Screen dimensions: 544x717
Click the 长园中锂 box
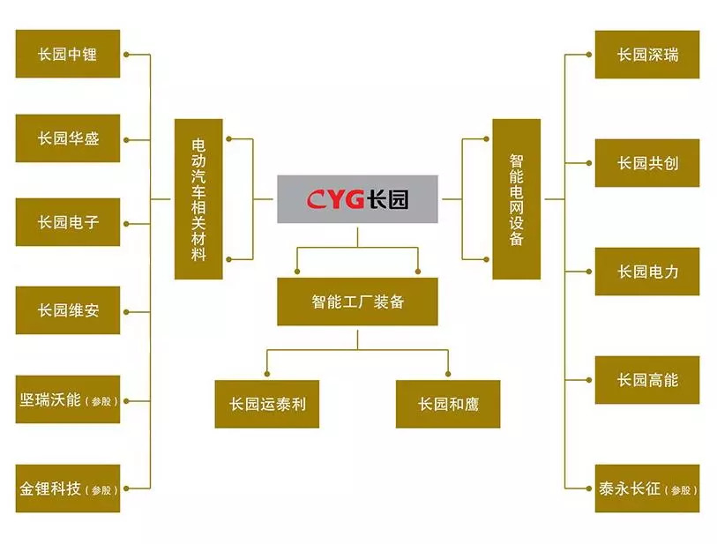(x=68, y=54)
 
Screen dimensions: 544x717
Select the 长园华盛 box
(x=68, y=138)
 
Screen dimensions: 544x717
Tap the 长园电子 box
(x=68, y=222)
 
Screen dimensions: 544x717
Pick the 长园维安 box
(x=68, y=309)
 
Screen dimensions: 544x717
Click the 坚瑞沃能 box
(x=68, y=399)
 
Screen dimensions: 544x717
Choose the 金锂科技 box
(x=68, y=488)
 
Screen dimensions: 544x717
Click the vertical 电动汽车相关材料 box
(x=198, y=199)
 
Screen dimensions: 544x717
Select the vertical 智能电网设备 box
(x=516, y=199)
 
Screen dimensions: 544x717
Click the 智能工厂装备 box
(x=357, y=302)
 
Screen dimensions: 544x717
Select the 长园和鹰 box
(x=447, y=405)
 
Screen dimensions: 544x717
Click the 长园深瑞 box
(x=647, y=55)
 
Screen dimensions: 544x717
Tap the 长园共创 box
(x=647, y=163)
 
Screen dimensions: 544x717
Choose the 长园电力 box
(x=647, y=272)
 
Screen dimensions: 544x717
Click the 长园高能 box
(x=647, y=380)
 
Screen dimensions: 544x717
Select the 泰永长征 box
(x=647, y=488)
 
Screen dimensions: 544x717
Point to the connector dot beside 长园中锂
(x=128, y=55)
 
